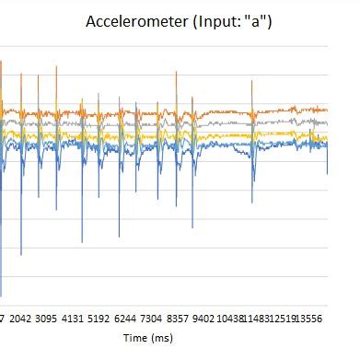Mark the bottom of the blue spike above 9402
[192, 227]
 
